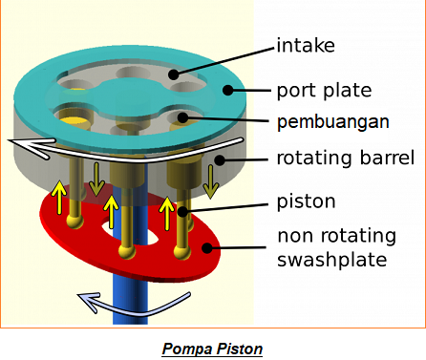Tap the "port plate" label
324,92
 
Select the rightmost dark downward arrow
212,178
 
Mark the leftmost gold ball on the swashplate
72,223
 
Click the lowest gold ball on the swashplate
124,251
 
